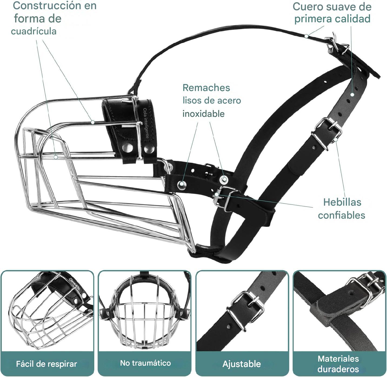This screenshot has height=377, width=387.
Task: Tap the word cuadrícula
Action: [34, 31]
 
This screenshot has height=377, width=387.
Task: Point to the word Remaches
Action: [206, 88]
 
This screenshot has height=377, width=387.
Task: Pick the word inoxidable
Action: [203, 114]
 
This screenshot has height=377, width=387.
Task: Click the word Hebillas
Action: [342, 202]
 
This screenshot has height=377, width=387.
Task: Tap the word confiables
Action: [341, 215]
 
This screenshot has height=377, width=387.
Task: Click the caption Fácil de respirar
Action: [46, 364]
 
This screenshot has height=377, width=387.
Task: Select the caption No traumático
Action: [145, 363]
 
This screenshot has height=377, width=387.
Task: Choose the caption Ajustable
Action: [242, 364]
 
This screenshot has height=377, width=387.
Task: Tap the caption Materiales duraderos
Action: [338, 364]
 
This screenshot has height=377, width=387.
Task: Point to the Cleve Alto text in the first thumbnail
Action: [74, 283]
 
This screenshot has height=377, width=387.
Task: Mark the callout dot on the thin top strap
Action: [306, 36]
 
